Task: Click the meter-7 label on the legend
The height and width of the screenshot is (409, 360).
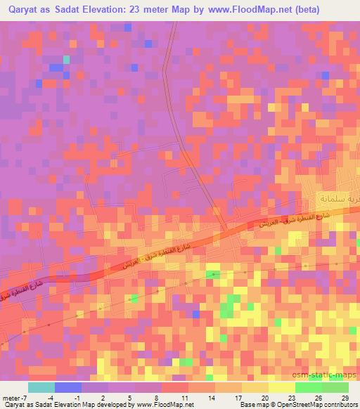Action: pos(14,378)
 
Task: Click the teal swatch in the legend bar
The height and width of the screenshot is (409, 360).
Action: pos(41,387)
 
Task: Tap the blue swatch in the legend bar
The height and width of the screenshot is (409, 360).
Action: pos(68,387)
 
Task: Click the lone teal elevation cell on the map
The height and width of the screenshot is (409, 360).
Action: pos(67,59)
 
